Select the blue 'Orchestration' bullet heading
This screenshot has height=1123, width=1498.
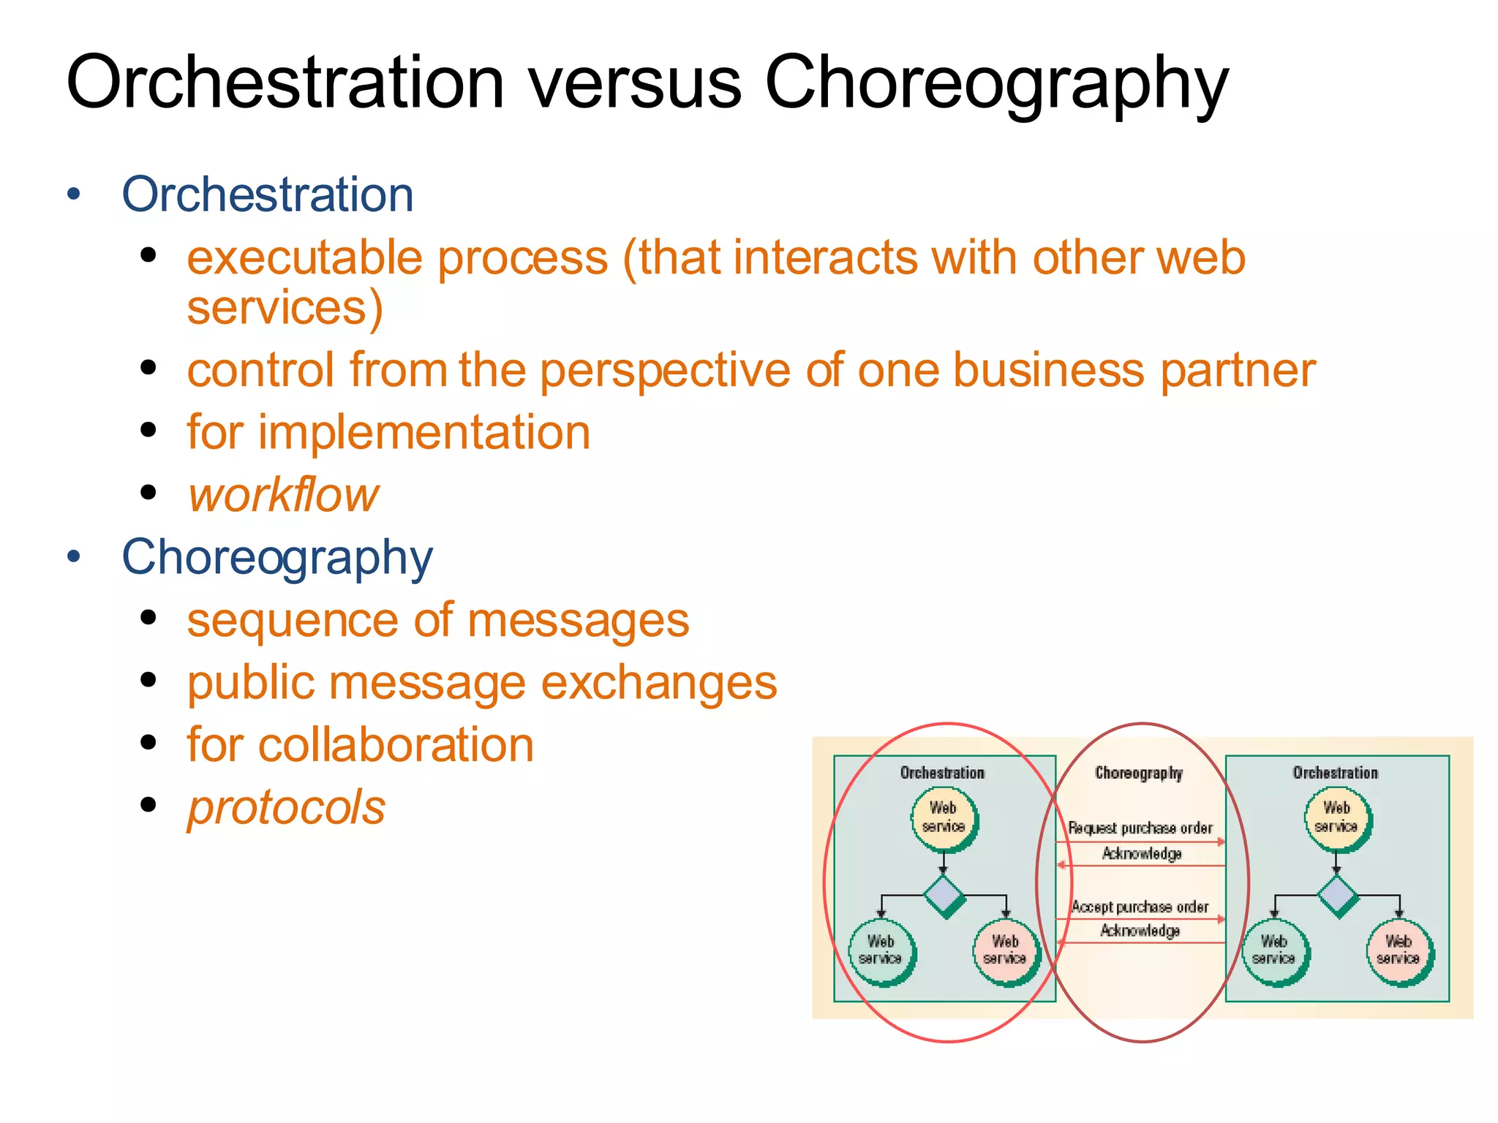pyautogui.click(x=268, y=194)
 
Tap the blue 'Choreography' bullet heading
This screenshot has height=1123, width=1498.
pyautogui.click(x=277, y=557)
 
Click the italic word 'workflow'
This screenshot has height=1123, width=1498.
pyautogui.click(x=284, y=495)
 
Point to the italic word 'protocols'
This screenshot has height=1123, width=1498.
pyautogui.click(x=286, y=807)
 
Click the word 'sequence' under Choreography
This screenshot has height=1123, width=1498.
pyautogui.click(x=291, y=620)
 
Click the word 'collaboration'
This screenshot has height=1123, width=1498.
pyautogui.click(x=396, y=745)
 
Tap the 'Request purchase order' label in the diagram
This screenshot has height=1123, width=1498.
pyautogui.click(x=1140, y=828)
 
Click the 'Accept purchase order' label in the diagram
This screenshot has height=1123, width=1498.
pyautogui.click(x=1140, y=907)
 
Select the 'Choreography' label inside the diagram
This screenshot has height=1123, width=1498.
pyautogui.click(x=1138, y=773)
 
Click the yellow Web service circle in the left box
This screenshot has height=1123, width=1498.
pyautogui.click(x=944, y=817)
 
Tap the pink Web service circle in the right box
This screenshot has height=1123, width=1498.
pyautogui.click(x=1399, y=950)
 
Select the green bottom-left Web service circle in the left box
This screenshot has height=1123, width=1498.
pyautogui.click(x=881, y=950)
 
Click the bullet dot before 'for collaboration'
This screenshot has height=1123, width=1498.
pyautogui.click(x=148, y=744)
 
